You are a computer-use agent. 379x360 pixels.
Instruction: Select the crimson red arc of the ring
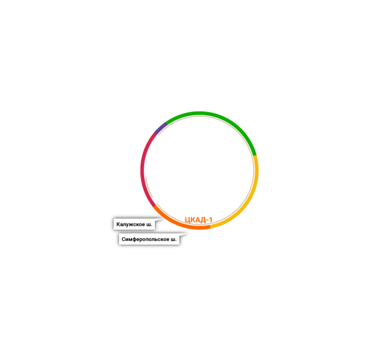[143, 170]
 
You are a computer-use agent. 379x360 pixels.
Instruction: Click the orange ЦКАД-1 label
[198, 220]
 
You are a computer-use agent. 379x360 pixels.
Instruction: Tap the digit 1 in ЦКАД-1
[210, 220]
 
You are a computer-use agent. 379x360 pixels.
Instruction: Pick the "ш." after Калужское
[149, 224]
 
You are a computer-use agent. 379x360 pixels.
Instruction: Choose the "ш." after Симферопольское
[173, 240]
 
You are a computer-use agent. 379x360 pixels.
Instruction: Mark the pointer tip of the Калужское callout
[164, 219]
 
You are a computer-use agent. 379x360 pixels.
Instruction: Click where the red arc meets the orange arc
[155, 206]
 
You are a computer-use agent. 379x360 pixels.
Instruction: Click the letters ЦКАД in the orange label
[195, 220]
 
